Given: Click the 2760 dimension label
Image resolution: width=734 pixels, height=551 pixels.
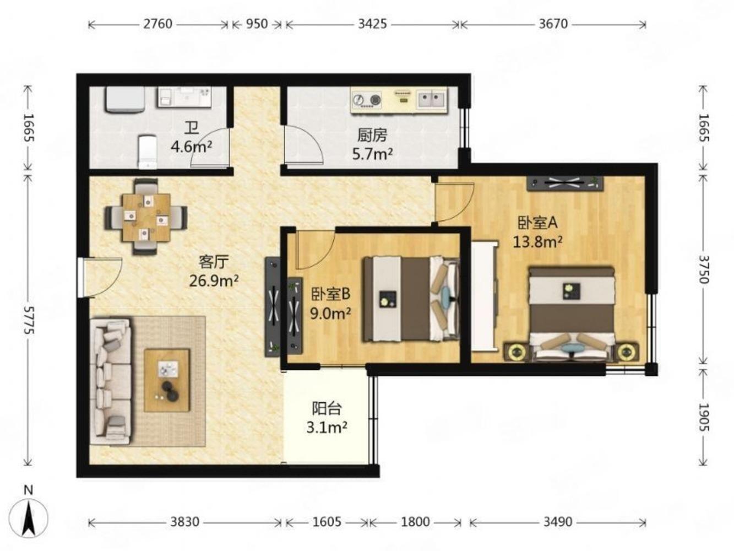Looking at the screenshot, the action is (158, 24).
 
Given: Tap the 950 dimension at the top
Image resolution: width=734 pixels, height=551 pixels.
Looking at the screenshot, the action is (257, 24).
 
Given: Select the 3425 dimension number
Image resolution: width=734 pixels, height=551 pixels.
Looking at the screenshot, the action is (373, 24).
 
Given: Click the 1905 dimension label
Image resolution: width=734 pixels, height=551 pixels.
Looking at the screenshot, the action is (704, 417).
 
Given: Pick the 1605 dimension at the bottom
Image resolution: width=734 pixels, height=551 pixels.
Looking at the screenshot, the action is (327, 522).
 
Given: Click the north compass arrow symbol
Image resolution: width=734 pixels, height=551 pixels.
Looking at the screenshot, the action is (29, 518).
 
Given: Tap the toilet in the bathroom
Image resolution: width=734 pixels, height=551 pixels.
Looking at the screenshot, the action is (148, 152).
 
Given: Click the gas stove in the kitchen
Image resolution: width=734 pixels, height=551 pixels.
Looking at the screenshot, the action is (367, 100).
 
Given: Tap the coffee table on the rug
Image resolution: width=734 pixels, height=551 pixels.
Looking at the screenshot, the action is (167, 380).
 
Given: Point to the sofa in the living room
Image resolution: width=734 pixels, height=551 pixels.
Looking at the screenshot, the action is (111, 382).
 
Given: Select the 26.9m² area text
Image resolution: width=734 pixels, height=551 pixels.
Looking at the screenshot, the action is (214, 280).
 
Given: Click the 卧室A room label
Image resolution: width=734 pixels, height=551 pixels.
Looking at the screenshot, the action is (538, 223).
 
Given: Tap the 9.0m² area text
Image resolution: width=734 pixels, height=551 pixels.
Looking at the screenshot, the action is (330, 314).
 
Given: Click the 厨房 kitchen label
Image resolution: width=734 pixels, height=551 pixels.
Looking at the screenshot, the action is (372, 135).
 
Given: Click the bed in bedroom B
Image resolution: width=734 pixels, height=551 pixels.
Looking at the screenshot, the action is (411, 299).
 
